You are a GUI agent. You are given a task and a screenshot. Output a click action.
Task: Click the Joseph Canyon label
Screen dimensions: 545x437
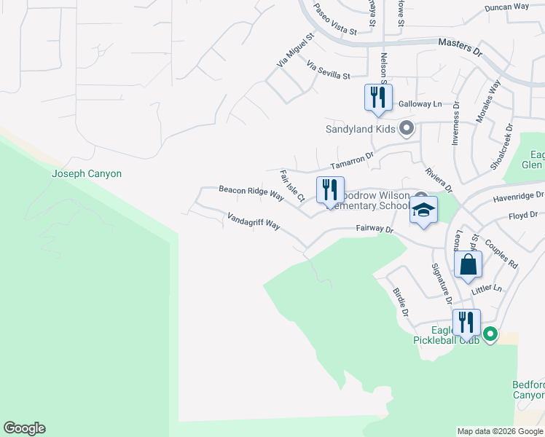click(87, 173)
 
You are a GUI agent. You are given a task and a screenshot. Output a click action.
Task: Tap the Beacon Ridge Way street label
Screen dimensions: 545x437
click(251, 193)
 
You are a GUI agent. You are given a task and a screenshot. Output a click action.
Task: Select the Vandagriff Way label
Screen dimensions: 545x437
click(254, 221)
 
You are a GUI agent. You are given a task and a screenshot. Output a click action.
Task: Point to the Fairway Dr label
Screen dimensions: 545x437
click(375, 229)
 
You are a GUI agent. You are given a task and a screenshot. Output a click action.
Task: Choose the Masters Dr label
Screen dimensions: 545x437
click(460, 44)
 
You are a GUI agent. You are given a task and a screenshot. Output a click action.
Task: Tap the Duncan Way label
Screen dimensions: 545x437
click(506, 7)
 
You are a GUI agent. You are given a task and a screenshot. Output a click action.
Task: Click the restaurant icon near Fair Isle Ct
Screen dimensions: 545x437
click(330, 189)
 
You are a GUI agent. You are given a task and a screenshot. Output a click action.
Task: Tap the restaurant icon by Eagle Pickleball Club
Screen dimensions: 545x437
click(466, 322)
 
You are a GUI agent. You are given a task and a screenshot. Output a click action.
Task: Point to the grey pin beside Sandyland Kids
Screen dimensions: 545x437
click(407, 130)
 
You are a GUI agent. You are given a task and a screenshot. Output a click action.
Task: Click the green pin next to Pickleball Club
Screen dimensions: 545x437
click(490, 334)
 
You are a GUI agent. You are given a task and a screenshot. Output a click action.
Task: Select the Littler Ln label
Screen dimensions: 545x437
click(487, 289)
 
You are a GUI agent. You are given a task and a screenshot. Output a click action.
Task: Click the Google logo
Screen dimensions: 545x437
click(24, 428)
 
